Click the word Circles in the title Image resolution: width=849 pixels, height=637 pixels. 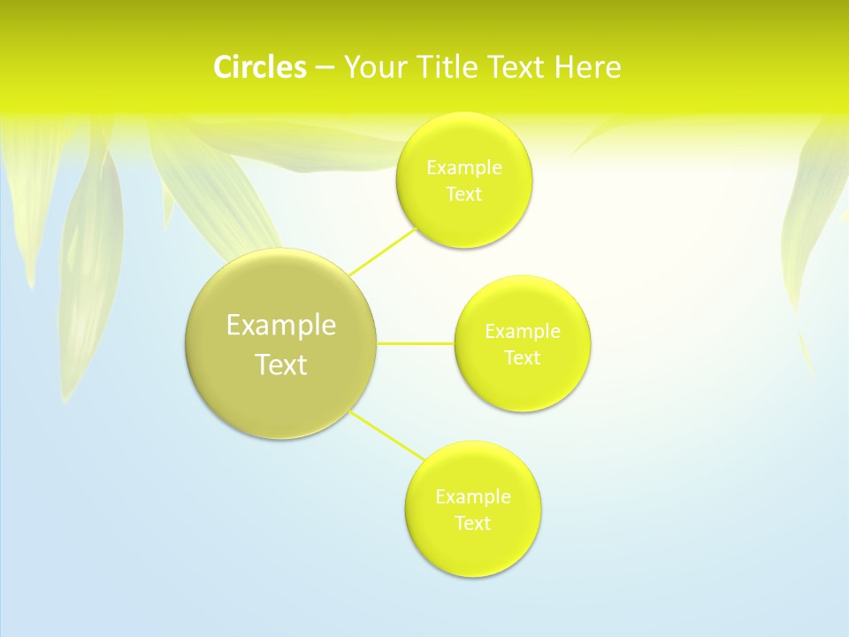pyautogui.click(x=259, y=67)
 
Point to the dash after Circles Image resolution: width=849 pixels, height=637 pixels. pyautogui.click(x=325, y=68)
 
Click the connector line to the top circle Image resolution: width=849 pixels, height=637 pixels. pyautogui.click(x=382, y=250)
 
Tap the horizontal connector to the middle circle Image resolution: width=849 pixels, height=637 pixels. pyautogui.click(x=416, y=343)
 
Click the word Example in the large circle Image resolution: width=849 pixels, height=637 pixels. pyautogui.click(x=281, y=326)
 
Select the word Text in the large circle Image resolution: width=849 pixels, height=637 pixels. pyautogui.click(x=281, y=365)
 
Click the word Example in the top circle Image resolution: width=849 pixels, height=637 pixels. pyautogui.click(x=464, y=168)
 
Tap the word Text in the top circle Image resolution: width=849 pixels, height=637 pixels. pyautogui.click(x=464, y=195)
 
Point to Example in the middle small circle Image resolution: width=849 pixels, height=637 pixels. pyautogui.click(x=523, y=332)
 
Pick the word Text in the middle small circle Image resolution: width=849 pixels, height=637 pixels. pyautogui.click(x=523, y=358)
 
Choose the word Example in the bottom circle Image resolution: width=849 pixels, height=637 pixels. pyautogui.click(x=473, y=497)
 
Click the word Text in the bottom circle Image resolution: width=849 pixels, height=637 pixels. pyautogui.click(x=473, y=524)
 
